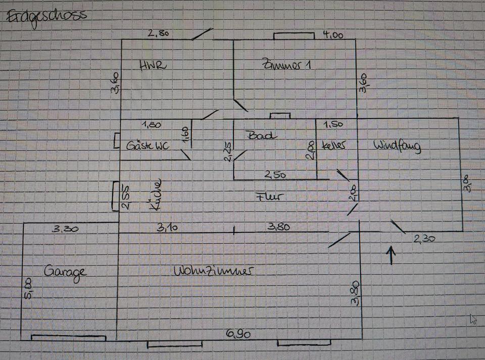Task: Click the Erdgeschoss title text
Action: [x=46, y=16]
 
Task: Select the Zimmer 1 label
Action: [x=285, y=65]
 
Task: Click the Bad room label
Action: [x=261, y=135]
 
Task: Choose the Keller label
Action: [x=334, y=145]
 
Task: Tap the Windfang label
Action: [x=397, y=146]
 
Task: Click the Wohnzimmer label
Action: [x=213, y=271]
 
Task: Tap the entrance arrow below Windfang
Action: [x=392, y=255]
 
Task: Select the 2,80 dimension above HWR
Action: [x=158, y=34]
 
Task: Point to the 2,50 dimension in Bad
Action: [x=275, y=175]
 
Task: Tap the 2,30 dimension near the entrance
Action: [x=424, y=239]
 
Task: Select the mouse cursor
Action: [x=473, y=319]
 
